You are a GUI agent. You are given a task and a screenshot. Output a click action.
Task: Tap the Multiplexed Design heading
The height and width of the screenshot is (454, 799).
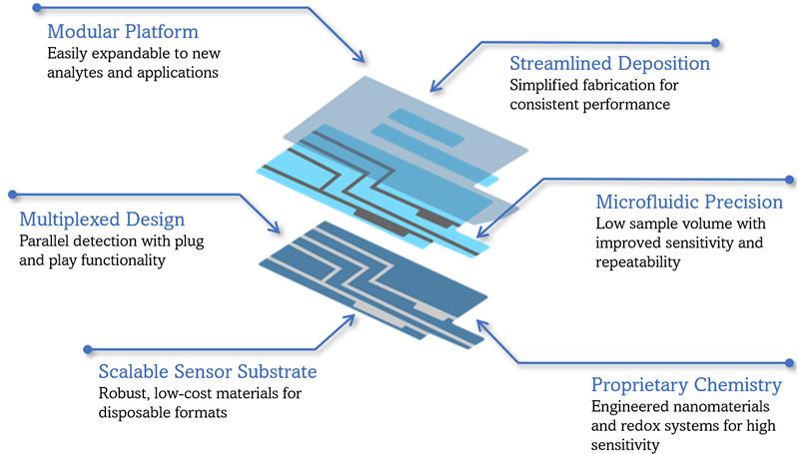click(102, 219)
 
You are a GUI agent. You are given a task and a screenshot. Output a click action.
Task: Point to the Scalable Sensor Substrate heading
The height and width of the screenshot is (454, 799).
click(208, 371)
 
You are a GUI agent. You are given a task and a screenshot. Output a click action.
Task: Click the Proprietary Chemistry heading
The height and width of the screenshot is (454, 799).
click(686, 385)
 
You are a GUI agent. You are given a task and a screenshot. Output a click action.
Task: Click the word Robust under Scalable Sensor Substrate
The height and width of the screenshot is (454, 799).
click(123, 394)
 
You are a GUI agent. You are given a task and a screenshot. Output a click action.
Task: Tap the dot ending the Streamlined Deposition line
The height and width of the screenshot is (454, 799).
click(715, 43)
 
